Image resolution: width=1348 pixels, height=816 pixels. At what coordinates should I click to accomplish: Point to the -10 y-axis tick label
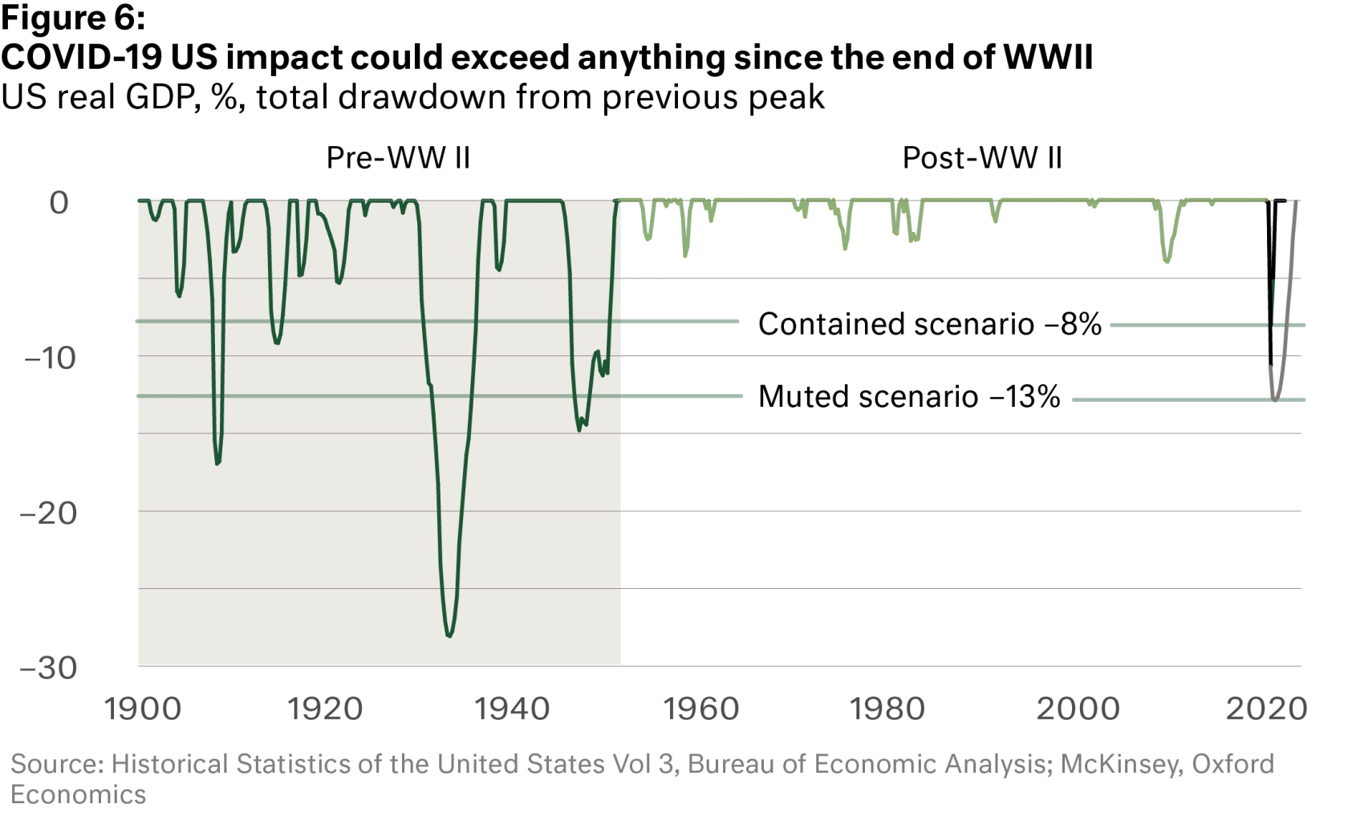tap(48, 357)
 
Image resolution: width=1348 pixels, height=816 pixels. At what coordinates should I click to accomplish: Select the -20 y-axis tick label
tap(48, 513)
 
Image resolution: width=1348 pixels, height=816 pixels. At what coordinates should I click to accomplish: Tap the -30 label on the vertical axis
tap(48, 668)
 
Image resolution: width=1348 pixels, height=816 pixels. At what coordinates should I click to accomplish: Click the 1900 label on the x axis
tap(145, 709)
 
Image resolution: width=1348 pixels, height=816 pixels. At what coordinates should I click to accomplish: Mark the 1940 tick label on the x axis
tap(510, 709)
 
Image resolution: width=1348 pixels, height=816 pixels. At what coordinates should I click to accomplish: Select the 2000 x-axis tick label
tap(1078, 709)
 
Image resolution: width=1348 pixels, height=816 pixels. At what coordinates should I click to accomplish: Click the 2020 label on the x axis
tap(1267, 709)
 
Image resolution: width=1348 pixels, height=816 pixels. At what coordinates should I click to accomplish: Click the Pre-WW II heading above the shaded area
tap(397, 157)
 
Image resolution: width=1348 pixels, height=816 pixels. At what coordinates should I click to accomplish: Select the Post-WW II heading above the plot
tap(981, 157)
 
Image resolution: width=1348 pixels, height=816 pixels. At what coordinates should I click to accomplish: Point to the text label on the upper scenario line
tap(930, 323)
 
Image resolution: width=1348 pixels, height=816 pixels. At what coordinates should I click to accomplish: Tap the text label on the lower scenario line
tap(911, 396)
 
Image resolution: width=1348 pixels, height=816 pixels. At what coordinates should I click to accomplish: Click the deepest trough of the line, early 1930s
tap(449, 635)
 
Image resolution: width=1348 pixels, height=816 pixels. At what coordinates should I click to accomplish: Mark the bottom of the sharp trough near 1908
tap(217, 464)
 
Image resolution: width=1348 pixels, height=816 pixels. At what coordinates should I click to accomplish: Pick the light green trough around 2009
tap(1167, 263)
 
